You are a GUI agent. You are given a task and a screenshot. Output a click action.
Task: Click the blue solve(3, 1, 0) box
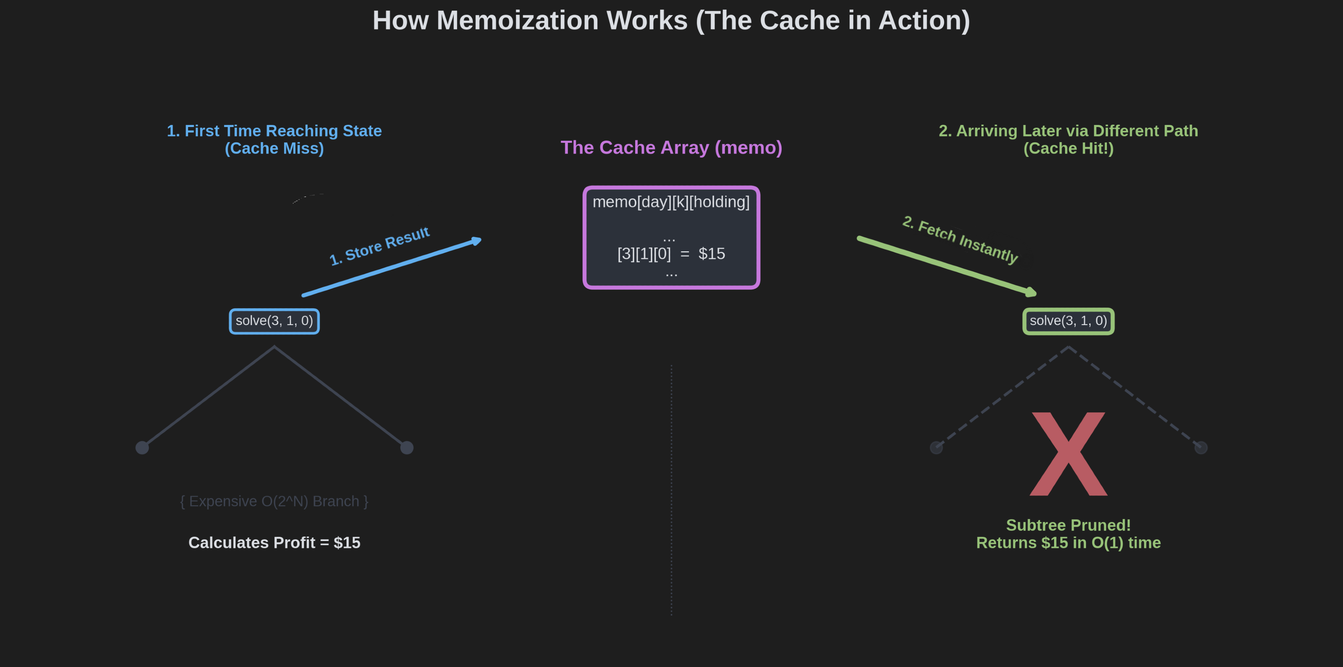pos(274,321)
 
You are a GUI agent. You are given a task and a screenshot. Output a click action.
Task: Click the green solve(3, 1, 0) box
pos(1068,321)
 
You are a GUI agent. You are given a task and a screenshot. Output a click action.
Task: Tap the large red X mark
pos(1068,454)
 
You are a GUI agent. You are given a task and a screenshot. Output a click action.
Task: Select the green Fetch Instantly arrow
pos(946,266)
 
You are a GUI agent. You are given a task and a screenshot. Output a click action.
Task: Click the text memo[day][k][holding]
pos(671,202)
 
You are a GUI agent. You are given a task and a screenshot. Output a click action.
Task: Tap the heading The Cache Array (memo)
pos(671,148)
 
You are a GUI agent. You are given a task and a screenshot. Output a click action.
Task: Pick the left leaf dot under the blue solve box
pos(142,448)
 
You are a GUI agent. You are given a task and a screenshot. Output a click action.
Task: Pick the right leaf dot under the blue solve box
pos(407,448)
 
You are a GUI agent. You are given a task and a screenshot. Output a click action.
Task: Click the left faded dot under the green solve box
pos(936,448)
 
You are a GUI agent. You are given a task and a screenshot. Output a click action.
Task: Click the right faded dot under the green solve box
pos(1201,448)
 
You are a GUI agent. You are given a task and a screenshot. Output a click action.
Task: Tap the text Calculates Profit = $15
pos(274,543)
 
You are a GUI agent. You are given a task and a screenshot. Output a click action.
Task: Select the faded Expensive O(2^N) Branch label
pos(274,501)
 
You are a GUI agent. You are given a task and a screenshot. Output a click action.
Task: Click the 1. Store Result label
pos(379,246)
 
